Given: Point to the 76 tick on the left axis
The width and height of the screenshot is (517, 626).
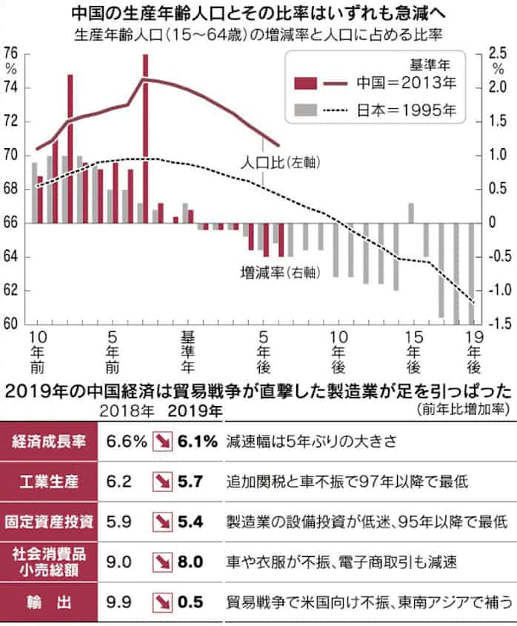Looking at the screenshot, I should pyautogui.click(x=11, y=53).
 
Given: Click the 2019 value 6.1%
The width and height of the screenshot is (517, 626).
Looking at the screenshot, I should pyautogui.click(x=197, y=442).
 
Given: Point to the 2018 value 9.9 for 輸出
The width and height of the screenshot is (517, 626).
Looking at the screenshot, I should pyautogui.click(x=119, y=600).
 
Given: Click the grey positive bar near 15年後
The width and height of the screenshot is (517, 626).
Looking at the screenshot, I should pyautogui.click(x=411, y=213).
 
